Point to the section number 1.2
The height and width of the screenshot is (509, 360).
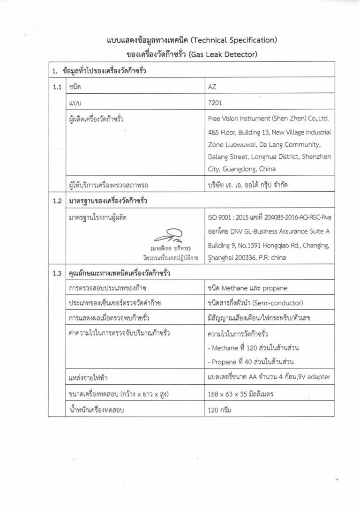click(x=57, y=202)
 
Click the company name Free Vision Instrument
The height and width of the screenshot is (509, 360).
click(x=251, y=119)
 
